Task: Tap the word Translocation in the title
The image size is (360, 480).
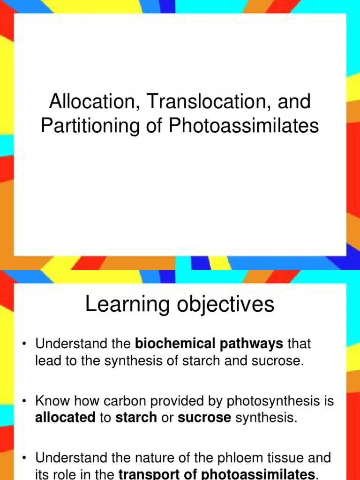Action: click(197, 102)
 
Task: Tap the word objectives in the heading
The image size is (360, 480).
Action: click(230, 305)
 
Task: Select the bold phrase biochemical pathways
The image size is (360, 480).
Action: click(209, 344)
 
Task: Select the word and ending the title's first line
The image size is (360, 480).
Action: click(296, 102)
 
